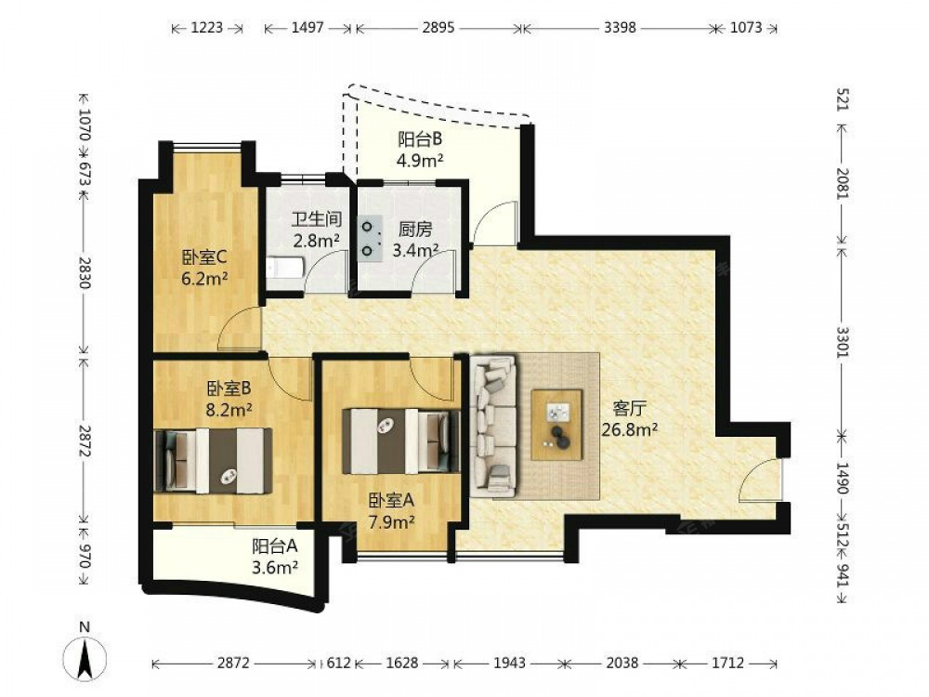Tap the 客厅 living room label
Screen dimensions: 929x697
pyautogui.click(x=629, y=408)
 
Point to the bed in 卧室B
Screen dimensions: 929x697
pyautogui.click(x=214, y=461)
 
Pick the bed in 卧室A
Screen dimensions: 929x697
pyautogui.click(x=401, y=441)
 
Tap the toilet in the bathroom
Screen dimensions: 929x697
pyautogui.click(x=285, y=268)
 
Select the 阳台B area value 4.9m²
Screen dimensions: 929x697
pyautogui.click(x=420, y=160)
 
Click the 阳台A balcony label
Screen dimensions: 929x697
pyautogui.click(x=274, y=546)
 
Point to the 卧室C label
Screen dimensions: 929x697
pyautogui.click(x=204, y=257)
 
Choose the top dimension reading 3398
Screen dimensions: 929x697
pyautogui.click(x=620, y=27)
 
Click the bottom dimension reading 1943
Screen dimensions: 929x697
pyautogui.click(x=509, y=663)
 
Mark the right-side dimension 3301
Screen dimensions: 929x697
pyautogui.click(x=843, y=341)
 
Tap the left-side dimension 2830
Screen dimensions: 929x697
pyautogui.click(x=85, y=272)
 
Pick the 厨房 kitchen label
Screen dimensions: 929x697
pyautogui.click(x=414, y=230)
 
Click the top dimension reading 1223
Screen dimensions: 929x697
pyautogui.click(x=207, y=27)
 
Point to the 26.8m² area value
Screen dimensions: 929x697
pyautogui.click(x=629, y=429)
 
